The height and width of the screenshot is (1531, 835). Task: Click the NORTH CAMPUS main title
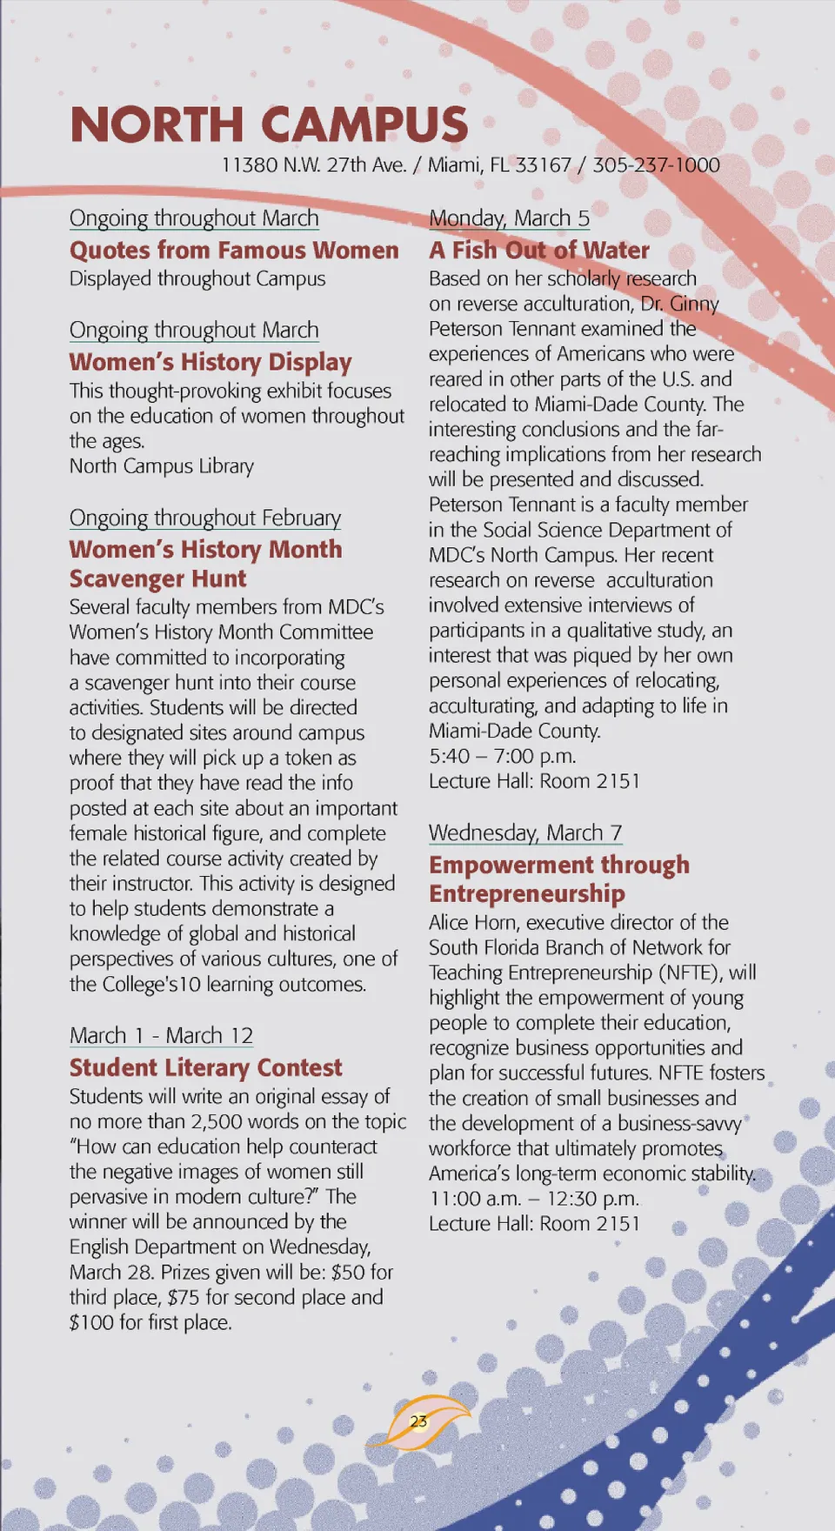(269, 124)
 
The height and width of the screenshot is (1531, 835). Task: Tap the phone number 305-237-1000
(656, 165)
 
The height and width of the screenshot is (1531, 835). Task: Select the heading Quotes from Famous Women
(234, 251)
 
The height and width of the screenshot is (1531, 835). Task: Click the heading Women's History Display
(210, 362)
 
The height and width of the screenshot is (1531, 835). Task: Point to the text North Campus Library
(162, 466)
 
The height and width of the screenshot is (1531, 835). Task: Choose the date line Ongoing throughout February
(205, 518)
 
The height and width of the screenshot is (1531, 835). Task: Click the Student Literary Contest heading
(206, 1068)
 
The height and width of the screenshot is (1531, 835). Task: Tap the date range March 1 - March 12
(161, 1036)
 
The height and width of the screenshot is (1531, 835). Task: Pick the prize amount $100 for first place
(150, 1323)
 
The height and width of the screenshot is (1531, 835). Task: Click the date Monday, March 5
(509, 218)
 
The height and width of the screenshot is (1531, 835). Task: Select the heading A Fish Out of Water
(539, 251)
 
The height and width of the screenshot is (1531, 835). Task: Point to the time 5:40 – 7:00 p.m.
(502, 756)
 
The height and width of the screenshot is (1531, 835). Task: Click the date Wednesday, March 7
(525, 833)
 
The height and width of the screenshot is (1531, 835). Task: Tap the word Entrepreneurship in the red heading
(527, 894)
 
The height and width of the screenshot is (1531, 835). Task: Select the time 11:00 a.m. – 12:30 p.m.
(534, 1199)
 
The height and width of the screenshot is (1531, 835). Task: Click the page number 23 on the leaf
(418, 1421)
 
